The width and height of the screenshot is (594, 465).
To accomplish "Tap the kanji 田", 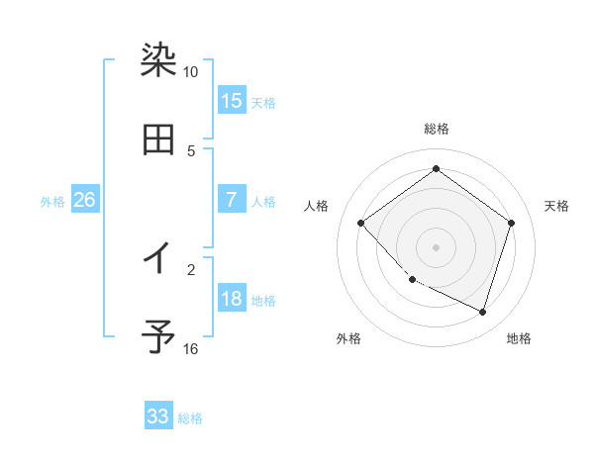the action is tap(158, 139).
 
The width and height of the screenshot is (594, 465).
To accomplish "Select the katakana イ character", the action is tap(158, 258).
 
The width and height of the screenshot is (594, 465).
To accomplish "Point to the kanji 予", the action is tap(158, 337).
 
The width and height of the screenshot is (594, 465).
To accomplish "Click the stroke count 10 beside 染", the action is tap(190, 72).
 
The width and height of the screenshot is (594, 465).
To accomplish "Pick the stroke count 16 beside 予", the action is tap(190, 349).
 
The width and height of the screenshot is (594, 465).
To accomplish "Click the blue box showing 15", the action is tap(232, 100).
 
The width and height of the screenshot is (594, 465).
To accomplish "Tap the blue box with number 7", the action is tap(232, 200).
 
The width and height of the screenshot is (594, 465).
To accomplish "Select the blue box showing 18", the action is tap(232, 299).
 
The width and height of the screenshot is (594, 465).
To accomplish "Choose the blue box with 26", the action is tap(84, 200).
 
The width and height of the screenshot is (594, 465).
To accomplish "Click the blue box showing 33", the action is tap(158, 417).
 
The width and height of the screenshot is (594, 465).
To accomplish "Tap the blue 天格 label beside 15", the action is tap(263, 102).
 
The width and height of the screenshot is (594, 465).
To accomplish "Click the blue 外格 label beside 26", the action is tap(52, 202).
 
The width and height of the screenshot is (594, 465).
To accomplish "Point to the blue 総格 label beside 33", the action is tap(190, 418).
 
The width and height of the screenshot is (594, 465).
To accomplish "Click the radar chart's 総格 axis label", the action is tap(437, 129).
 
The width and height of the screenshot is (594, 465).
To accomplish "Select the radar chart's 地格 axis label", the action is tap(519, 338).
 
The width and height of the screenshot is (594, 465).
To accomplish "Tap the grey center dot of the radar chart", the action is tap(437, 246).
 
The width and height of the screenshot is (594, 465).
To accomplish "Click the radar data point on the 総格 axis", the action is tap(437, 169).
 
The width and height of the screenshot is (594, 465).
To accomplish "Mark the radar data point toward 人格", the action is tap(361, 223).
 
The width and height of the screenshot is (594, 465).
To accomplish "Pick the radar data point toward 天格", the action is tap(511, 223).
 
